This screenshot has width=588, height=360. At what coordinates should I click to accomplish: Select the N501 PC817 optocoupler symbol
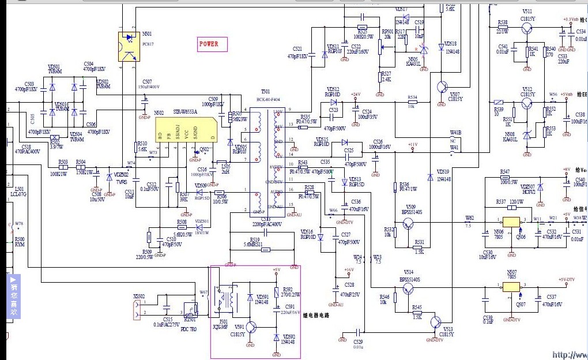129,46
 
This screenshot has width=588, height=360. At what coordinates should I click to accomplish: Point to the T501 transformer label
265,92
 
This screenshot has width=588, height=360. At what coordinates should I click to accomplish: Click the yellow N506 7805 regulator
511,222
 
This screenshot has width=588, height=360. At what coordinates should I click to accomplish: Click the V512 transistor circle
527,104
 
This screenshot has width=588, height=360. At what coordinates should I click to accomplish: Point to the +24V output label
355,94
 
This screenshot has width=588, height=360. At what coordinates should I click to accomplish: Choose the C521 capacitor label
297,49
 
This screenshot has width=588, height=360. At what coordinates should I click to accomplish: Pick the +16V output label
349,269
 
